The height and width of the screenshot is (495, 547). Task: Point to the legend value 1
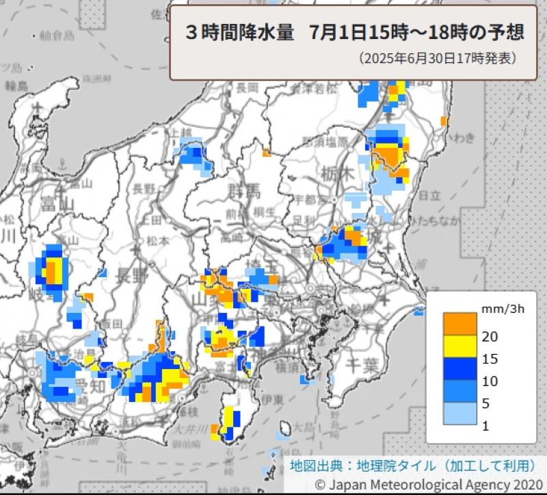pos(486,426)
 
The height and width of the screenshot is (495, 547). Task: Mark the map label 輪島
pos(16,86)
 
